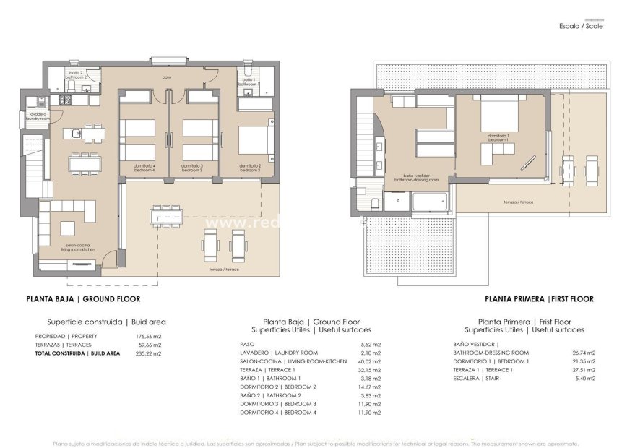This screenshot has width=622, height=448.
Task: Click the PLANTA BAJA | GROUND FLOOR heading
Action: pos(83,298)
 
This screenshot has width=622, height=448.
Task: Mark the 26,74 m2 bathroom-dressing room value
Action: pos(582,352)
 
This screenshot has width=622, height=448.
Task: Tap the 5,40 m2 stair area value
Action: pos(582,378)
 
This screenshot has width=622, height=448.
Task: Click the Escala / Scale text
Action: pos(581,26)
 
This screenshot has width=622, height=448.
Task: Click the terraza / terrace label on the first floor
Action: pos(519,202)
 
